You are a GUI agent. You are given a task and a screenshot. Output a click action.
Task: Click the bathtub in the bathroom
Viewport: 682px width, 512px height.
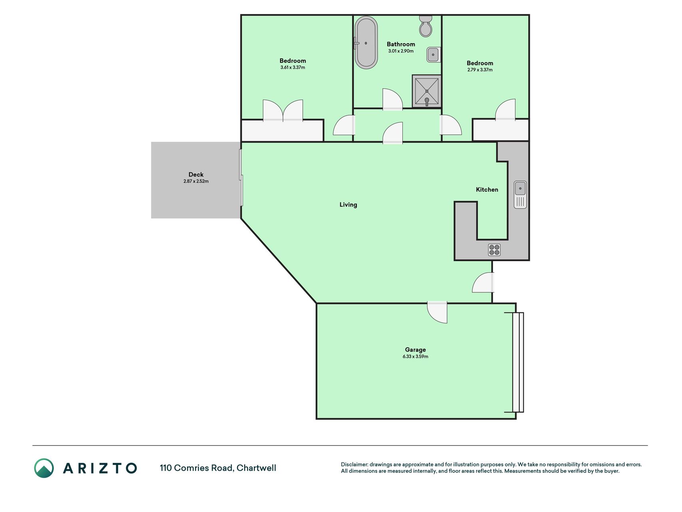tap(366, 43)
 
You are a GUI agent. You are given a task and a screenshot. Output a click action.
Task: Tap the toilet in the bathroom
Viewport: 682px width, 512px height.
tap(426, 26)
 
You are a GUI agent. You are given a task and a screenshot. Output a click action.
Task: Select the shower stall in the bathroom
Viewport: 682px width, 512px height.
tap(427, 91)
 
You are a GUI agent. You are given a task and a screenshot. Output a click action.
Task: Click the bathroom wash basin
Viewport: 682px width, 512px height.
tap(433, 54)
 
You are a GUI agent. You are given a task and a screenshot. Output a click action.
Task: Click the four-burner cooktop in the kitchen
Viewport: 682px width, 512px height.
tap(494, 250)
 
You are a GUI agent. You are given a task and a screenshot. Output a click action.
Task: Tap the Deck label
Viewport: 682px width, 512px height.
tap(196, 174)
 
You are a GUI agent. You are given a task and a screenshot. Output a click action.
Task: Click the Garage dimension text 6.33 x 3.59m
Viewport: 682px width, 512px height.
tap(415, 356)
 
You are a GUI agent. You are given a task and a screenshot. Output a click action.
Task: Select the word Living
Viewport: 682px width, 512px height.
tap(348, 205)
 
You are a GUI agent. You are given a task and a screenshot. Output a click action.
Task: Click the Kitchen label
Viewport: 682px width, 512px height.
tap(487, 190)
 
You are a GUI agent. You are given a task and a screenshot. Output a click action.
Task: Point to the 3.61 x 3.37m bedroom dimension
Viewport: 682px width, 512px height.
tap(293, 68)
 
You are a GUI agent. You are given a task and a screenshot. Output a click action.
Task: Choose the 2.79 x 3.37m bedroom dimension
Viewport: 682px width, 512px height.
tap(480, 70)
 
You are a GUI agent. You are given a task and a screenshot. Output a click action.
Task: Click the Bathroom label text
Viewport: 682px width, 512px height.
tap(401, 44)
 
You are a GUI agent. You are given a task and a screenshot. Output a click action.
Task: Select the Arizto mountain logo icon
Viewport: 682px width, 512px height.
tap(44, 468)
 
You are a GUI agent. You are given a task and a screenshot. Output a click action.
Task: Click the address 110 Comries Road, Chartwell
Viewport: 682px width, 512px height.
tap(218, 468)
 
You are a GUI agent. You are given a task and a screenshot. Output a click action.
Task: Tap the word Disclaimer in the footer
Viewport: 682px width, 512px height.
tap(354, 464)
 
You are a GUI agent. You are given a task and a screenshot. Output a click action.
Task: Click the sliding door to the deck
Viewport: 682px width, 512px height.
tap(241, 178)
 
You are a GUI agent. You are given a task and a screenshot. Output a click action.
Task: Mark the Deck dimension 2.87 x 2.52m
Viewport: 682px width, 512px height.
tap(196, 181)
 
